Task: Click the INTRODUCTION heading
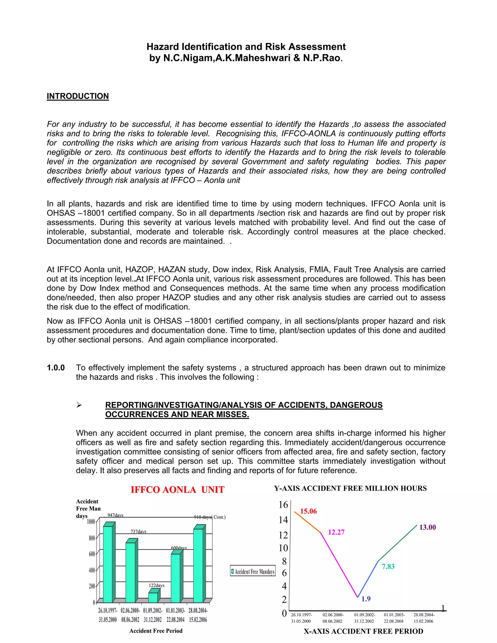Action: click(x=78, y=96)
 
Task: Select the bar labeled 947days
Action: click(x=108, y=564)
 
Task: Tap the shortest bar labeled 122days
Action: click(x=153, y=597)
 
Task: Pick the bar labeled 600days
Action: click(x=175, y=578)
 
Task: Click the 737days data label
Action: click(x=138, y=531)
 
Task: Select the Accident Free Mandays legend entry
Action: click(x=253, y=572)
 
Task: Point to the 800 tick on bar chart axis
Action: click(x=92, y=538)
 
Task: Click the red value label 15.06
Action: click(x=308, y=511)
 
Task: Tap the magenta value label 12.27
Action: click(x=336, y=532)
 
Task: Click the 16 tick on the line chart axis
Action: click(x=283, y=505)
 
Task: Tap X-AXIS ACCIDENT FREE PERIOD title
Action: click(x=363, y=631)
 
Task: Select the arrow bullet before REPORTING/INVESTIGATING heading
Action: click(x=79, y=405)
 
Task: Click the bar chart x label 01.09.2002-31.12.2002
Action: click(x=152, y=615)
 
